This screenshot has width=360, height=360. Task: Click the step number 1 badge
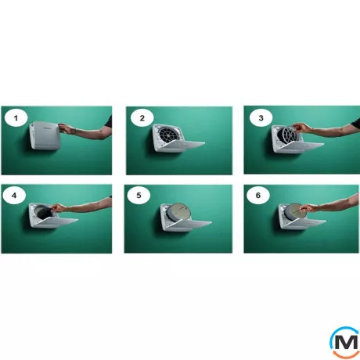pyautogui.click(x=16, y=118)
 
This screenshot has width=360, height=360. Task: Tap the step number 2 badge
pyautogui.click(x=142, y=118)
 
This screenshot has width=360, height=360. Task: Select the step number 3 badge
pyautogui.click(x=261, y=118)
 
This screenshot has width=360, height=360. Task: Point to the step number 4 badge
pyautogui.click(x=14, y=195)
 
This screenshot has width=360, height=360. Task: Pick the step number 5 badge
pyautogui.click(x=139, y=195)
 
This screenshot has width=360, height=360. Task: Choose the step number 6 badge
pyautogui.click(x=258, y=195)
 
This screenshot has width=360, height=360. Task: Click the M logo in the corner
pyautogui.click(x=345, y=341)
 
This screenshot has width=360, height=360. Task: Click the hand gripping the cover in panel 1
pyautogui.click(x=66, y=129)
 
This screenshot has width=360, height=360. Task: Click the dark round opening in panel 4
pyautogui.click(x=45, y=213)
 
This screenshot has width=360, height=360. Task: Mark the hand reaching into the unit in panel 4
pyautogui.click(x=59, y=208)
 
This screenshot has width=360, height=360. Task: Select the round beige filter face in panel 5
pyautogui.click(x=182, y=211)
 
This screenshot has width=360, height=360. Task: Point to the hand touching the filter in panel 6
pyautogui.click(x=308, y=208)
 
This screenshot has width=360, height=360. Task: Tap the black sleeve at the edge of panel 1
pyautogui.click(x=108, y=121)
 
